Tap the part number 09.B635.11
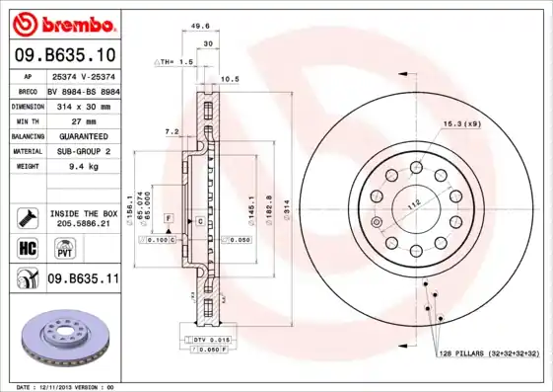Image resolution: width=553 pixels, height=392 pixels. click(x=83, y=279)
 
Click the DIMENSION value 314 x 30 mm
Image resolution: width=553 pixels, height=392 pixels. click(x=83, y=106)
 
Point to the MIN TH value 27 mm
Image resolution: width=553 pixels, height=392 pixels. click(x=83, y=120)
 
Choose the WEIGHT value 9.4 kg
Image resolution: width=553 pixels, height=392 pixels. click(x=83, y=168)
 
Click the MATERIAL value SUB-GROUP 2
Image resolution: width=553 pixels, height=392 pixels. click(x=83, y=152)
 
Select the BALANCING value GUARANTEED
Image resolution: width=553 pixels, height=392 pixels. click(x=83, y=136)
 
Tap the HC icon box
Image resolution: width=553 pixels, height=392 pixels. click(x=28, y=246)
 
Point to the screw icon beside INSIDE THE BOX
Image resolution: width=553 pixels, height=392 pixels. click(x=28, y=214)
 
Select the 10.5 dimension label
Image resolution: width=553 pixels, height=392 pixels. click(x=230, y=79)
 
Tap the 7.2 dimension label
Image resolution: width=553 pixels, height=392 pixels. click(x=172, y=131)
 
